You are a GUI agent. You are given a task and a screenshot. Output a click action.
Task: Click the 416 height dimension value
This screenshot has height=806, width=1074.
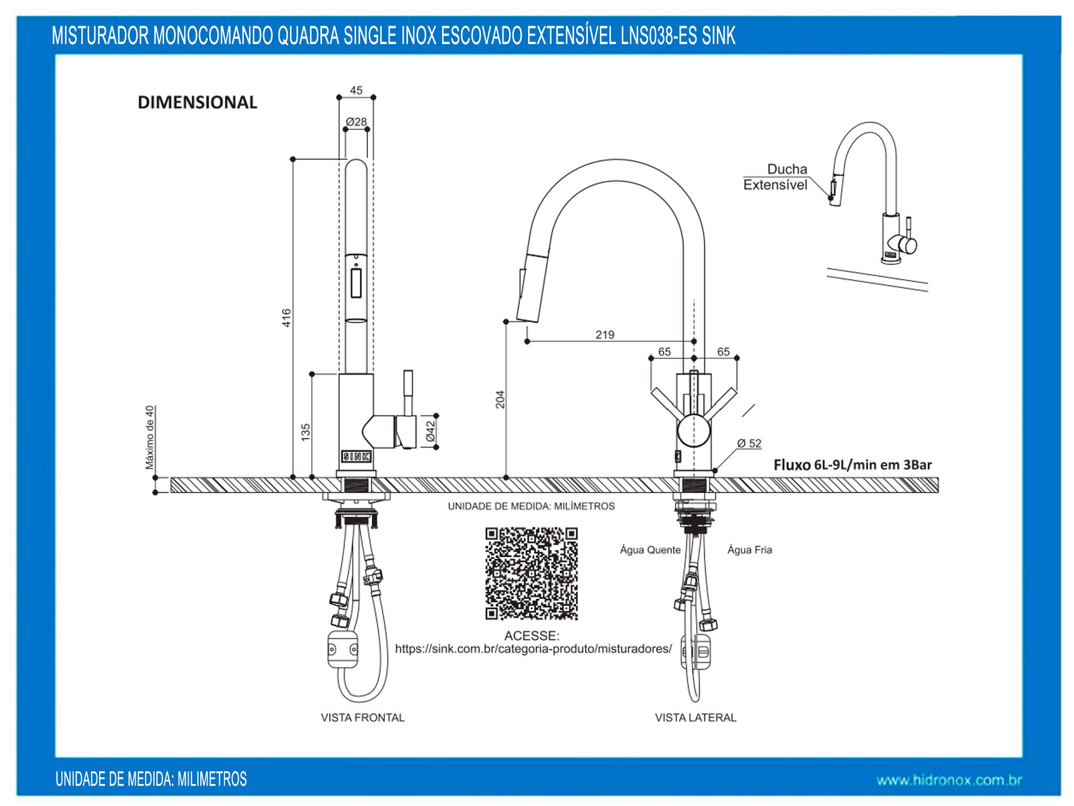(286, 318)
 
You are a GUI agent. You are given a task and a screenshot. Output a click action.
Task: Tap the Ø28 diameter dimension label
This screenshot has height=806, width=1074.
(357, 122)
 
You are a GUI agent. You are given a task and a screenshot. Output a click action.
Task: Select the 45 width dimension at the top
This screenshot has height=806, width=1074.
(356, 90)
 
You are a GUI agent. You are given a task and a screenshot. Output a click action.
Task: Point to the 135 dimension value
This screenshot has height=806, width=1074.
(306, 432)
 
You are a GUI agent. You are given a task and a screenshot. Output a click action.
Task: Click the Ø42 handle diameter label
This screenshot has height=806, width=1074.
(431, 431)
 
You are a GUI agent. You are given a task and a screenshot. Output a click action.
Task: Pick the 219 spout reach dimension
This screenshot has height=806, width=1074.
(605, 335)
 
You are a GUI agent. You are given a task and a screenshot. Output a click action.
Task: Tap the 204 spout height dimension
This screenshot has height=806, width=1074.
(500, 399)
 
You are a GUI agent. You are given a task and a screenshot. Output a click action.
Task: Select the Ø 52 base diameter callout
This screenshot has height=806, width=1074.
(749, 443)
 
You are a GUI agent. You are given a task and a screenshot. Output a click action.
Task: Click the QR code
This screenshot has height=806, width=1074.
(531, 574)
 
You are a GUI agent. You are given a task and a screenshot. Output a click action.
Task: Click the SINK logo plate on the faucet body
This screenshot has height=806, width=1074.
(356, 457)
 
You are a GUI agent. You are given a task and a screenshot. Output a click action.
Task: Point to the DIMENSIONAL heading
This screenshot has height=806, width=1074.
(197, 102)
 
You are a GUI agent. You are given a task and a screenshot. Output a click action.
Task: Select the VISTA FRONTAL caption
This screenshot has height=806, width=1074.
(362, 717)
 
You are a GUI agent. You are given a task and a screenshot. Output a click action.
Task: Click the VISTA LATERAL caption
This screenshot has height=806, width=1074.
(695, 717)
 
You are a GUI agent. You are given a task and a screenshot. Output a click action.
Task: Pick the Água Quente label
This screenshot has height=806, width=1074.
(650, 550)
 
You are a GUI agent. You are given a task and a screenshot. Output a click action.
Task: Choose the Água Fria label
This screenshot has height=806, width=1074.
(749, 550)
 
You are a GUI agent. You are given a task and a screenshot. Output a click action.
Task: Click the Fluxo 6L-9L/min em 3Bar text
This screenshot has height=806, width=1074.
(853, 465)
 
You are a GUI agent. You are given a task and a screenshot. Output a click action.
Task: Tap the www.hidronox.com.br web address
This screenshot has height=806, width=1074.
(949, 780)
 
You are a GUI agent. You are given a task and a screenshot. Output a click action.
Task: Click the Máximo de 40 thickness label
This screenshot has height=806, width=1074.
(150, 437)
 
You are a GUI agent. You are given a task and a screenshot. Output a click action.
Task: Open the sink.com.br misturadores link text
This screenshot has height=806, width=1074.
(533, 649)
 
